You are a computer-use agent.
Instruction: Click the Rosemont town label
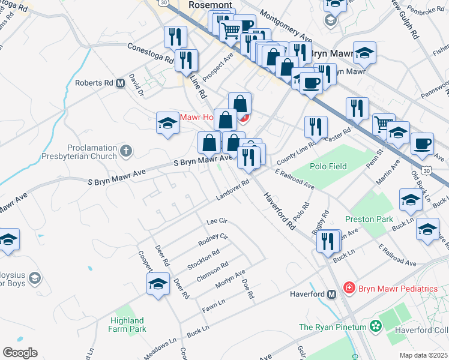point(206,4)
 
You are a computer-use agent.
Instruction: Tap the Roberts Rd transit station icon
point(120,83)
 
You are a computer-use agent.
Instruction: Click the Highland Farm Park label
point(127,325)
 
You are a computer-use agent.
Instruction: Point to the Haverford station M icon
point(331,295)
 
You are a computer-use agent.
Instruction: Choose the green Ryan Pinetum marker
point(376,326)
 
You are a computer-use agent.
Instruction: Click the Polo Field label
point(328,166)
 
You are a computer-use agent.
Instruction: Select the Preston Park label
point(369,220)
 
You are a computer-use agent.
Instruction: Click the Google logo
point(20,352)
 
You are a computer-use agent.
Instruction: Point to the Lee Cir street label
point(215,222)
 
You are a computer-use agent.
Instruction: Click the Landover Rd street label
point(232,191)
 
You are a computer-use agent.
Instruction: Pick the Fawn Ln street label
point(214,305)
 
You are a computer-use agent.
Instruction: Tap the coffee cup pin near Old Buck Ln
point(423,143)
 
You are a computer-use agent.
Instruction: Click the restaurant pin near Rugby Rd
point(328,241)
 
